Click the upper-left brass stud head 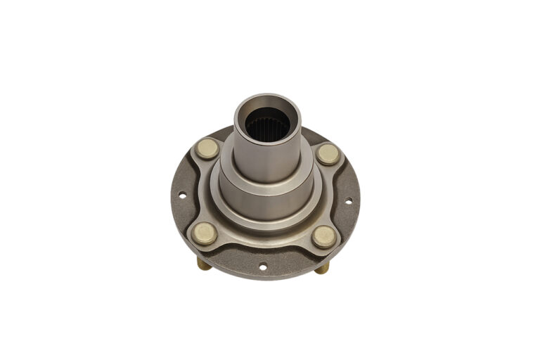click(x=207, y=148)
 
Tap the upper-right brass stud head click(x=328, y=154)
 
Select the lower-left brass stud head click(x=205, y=233)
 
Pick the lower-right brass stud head click(x=324, y=237)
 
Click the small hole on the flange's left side click(x=181, y=196)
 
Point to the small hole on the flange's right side click(x=347, y=201)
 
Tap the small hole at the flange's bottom click(x=262, y=266)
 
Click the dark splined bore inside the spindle click(x=267, y=127)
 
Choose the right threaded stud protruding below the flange click(x=322, y=269)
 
